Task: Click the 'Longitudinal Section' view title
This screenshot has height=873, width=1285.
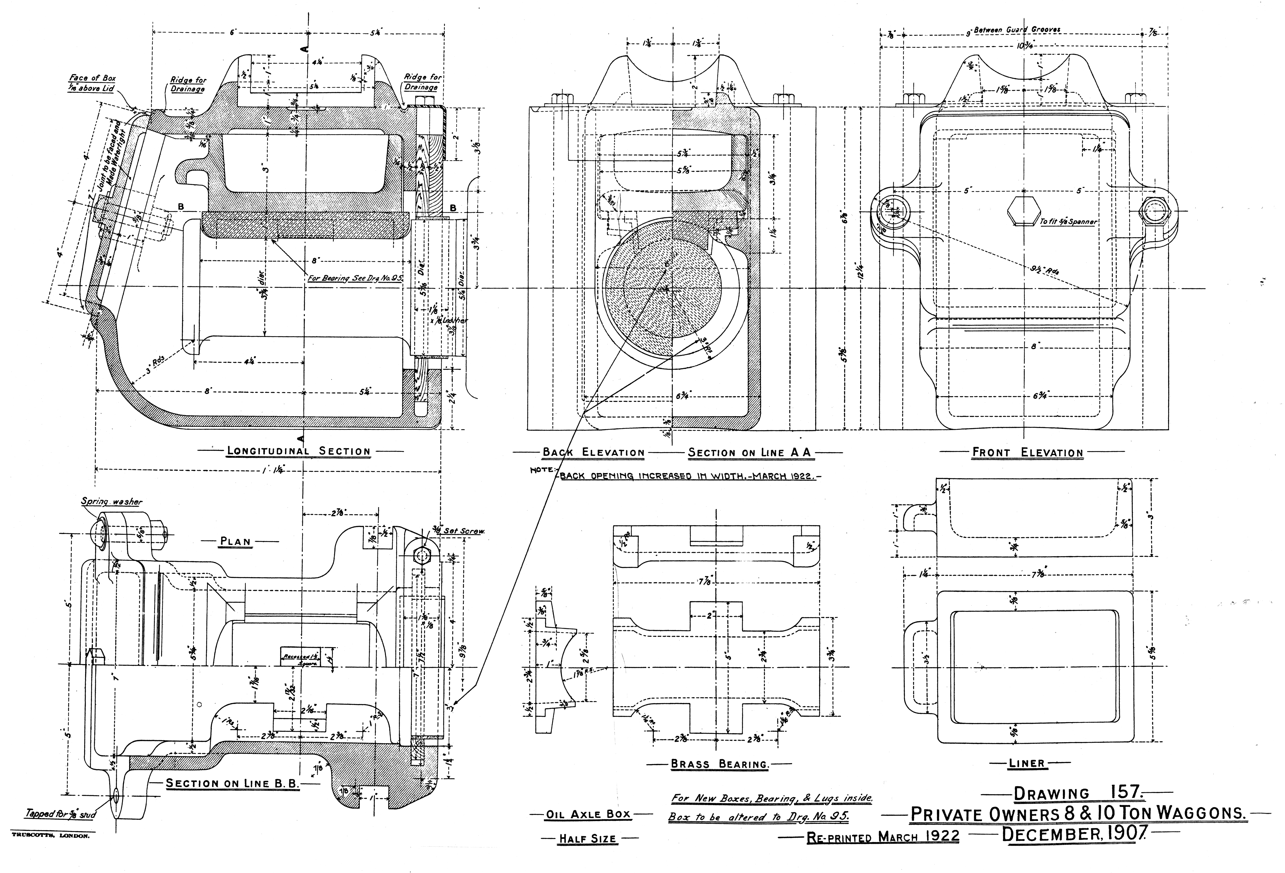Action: click(x=299, y=451)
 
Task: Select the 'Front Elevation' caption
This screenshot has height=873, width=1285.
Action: click(x=1027, y=453)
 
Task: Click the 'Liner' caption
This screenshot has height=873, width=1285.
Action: click(x=1026, y=763)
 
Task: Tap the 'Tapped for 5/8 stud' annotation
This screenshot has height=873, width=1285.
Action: click(x=61, y=814)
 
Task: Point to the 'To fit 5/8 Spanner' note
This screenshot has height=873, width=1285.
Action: click(x=1068, y=222)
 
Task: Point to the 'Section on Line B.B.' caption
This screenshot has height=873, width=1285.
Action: click(x=232, y=783)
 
